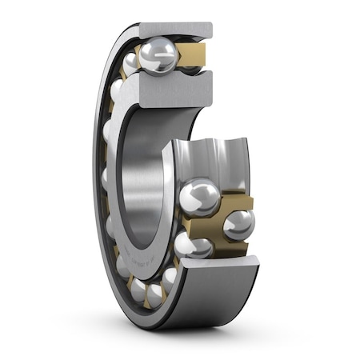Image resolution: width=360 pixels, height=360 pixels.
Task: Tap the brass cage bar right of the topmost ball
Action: point(193,54)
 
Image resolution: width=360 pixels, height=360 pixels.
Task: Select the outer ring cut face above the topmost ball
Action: point(176,30)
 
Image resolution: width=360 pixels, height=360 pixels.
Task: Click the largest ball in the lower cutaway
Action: point(199,197)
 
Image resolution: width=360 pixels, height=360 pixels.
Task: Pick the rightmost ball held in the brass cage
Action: point(238,225)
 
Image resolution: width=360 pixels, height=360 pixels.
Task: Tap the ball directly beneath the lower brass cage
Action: point(194,244)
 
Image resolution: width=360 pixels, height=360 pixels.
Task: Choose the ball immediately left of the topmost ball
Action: point(130,64)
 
